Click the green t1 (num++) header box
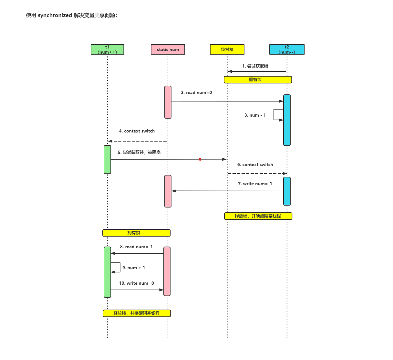pos(107,49)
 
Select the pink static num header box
pos(168,49)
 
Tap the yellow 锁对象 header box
pos(227,49)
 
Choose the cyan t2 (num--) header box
pos(287,49)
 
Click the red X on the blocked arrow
pos(200,159)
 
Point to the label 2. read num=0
pos(196,93)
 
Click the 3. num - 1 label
pos(255,115)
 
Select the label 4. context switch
pos(137,131)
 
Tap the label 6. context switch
pos(255,165)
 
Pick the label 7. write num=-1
pos(255,184)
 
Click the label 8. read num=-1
pos(136,247)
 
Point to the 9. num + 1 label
pos(133,268)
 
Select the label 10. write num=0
pos(136,283)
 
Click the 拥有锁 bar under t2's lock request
pos(258,80)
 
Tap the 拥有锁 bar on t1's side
pos(136,233)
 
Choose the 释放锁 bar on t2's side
pos(258,216)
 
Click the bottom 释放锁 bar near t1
pos(137,313)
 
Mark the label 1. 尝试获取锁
pos(255,66)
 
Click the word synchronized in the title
pos(55,16)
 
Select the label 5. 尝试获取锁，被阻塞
pos(139,153)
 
